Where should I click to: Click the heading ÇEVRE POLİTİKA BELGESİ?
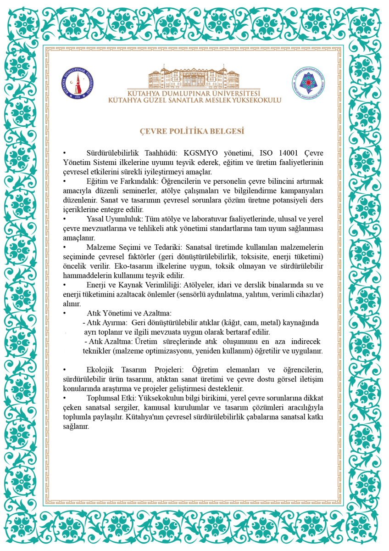click(192, 131)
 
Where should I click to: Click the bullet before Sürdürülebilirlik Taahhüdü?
click(65, 153)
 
